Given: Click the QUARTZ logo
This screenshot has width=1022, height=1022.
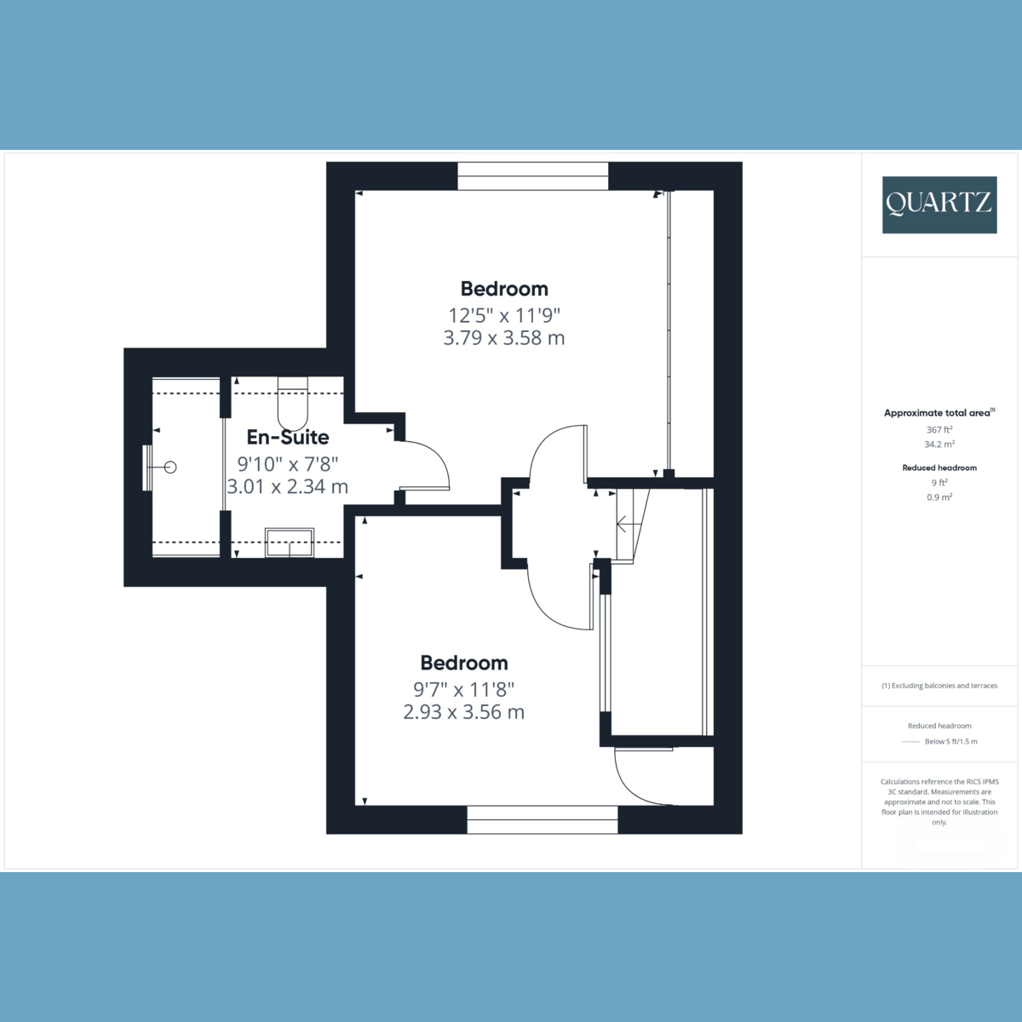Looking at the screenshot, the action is pos(939,204).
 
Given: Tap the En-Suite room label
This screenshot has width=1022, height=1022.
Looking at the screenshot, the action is pos(288,437).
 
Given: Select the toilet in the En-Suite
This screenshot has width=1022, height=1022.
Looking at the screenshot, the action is pos(292,404).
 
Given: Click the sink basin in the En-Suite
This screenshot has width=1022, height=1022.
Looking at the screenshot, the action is pos(290,543).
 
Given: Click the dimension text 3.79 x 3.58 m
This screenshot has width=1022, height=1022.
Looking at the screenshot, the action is pos(504,338).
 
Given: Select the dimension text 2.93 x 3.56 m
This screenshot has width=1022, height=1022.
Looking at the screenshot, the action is pos(463,712).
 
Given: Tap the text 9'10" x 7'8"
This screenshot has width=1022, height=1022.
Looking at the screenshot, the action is pos(288,464).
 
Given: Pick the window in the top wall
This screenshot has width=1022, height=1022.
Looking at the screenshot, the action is pos(533,176).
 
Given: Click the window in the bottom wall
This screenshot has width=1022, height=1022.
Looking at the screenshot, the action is pos(542,820).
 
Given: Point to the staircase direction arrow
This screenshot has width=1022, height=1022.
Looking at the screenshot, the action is pos(629,525).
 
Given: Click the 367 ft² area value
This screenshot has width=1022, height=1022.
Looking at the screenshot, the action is pos(939,429).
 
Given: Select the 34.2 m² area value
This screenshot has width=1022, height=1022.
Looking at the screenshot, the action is pos(939,445).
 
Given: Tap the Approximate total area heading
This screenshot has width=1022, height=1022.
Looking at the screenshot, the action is pos(939,412).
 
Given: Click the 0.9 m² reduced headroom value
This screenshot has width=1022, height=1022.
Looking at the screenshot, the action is pos(939,497).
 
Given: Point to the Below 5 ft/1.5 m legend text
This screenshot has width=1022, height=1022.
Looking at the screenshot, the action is pos(951,742).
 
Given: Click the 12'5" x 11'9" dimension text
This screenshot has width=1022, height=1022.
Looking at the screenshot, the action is pos(504,316).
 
